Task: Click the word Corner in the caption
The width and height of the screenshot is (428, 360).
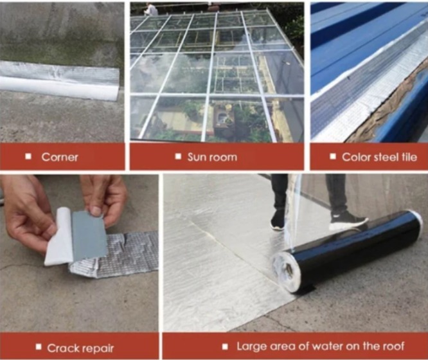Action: (x=60, y=157)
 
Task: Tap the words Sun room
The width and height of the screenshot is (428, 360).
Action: (x=212, y=157)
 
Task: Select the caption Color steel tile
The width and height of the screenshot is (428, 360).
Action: (x=379, y=157)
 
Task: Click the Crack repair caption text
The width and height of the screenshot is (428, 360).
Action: (x=80, y=348)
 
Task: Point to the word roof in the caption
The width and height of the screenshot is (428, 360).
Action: (x=393, y=346)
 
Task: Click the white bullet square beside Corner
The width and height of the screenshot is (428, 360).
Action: (x=28, y=156)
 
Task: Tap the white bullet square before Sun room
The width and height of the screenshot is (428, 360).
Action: (x=178, y=156)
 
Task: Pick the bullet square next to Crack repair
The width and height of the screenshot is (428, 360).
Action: (x=39, y=347)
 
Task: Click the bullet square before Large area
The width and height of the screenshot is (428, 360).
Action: (x=225, y=346)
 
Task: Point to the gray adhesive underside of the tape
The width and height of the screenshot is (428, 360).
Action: (x=89, y=235)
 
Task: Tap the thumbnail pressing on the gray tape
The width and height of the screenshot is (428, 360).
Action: (x=94, y=211)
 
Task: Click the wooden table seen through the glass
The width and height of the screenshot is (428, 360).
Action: (x=224, y=118)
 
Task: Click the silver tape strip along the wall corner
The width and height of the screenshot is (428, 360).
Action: (x=60, y=80)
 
